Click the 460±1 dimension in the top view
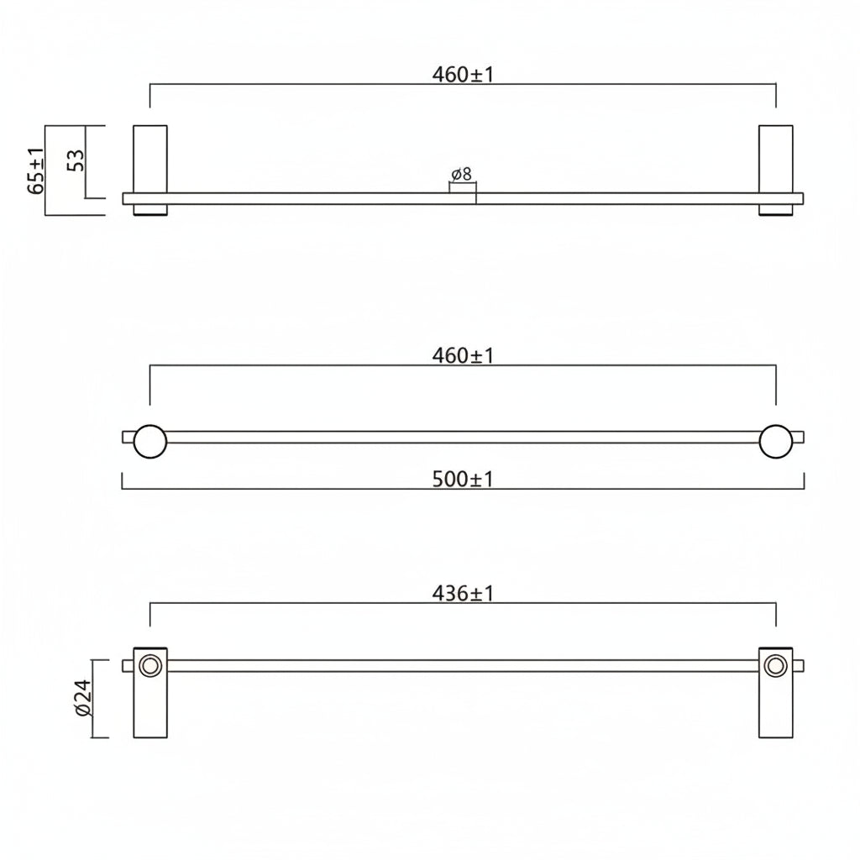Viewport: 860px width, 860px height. click(x=463, y=75)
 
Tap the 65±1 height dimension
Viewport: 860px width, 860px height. click(x=37, y=170)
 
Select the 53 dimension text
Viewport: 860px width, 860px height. click(x=76, y=160)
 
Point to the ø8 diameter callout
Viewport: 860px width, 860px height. click(x=461, y=175)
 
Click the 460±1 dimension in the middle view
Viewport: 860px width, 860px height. click(x=463, y=356)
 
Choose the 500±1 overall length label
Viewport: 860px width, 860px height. click(x=463, y=480)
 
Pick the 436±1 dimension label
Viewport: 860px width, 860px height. click(x=463, y=594)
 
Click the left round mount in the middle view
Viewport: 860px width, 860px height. click(x=150, y=441)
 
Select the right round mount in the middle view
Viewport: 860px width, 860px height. click(x=776, y=441)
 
